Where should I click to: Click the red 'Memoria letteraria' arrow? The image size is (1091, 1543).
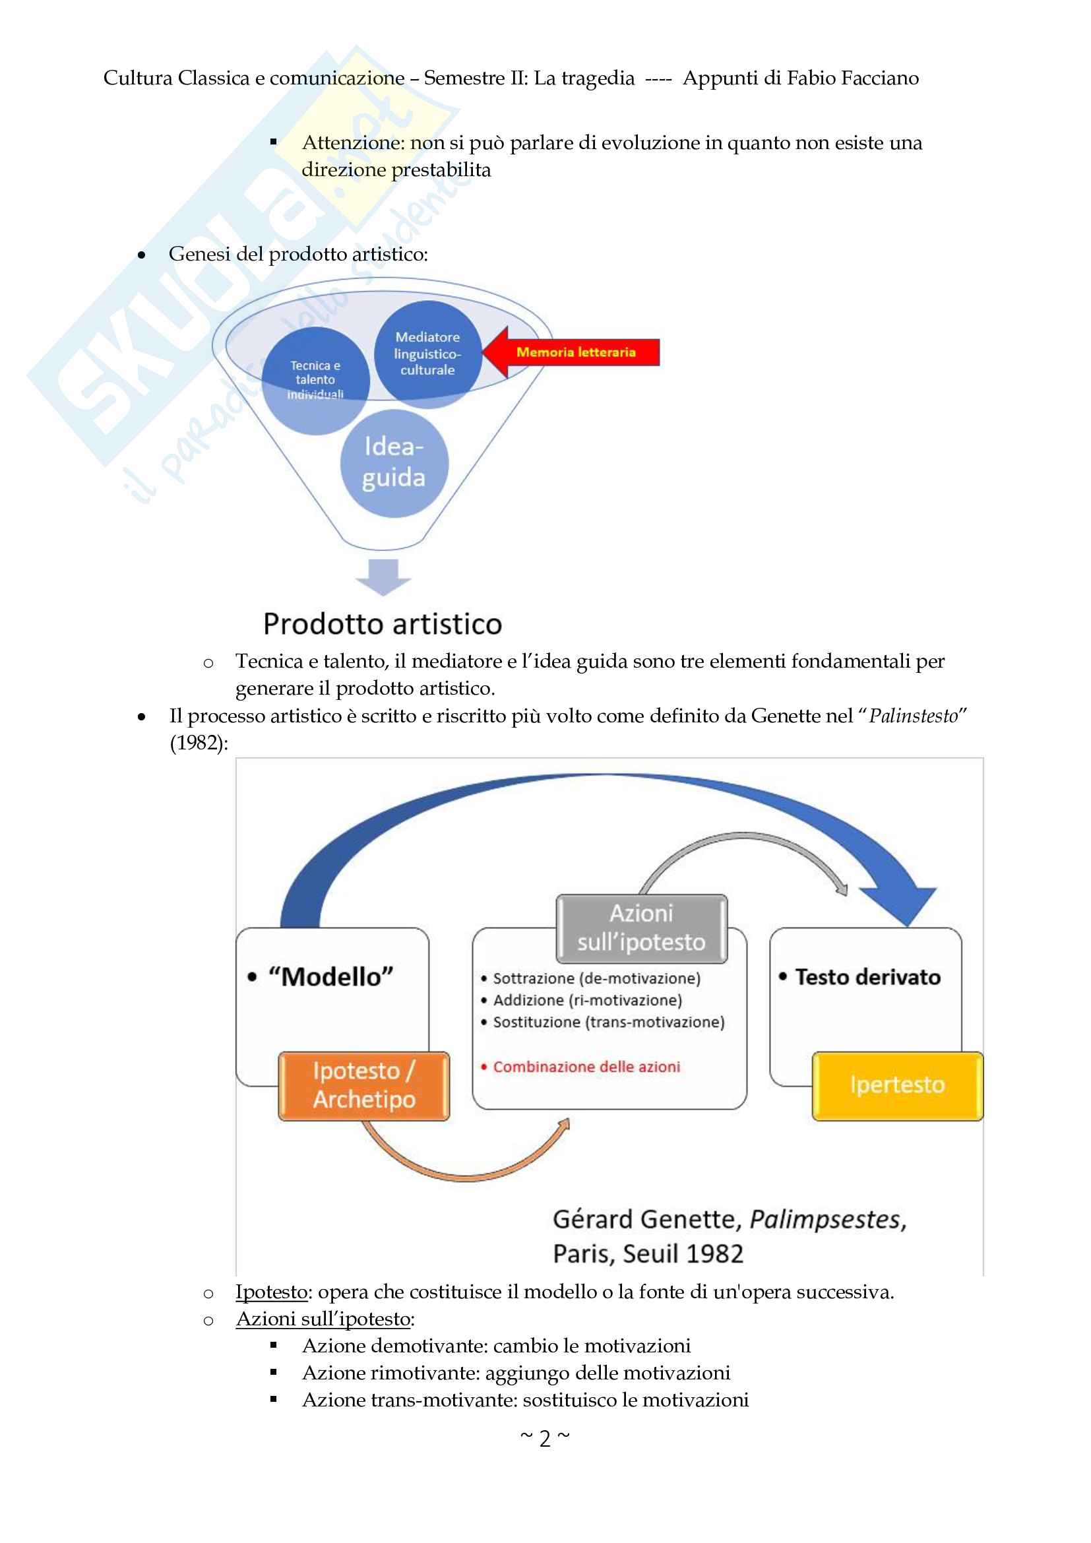(x=571, y=352)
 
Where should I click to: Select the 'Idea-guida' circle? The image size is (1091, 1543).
(x=394, y=463)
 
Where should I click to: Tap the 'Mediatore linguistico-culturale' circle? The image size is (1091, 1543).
(x=428, y=354)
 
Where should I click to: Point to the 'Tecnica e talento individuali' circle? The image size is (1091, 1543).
(x=316, y=381)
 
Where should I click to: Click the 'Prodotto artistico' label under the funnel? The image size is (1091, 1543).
(x=383, y=623)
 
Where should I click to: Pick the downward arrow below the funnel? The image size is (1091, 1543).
(x=384, y=577)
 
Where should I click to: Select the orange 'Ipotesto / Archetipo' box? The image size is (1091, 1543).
(x=364, y=1085)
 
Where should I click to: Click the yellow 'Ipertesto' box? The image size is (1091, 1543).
(x=898, y=1085)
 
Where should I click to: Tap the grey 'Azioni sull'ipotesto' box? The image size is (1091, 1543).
(x=642, y=928)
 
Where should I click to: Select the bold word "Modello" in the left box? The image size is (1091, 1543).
(x=330, y=976)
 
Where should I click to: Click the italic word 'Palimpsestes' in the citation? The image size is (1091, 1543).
(x=828, y=1218)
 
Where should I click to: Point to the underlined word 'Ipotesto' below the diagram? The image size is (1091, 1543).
(x=271, y=1291)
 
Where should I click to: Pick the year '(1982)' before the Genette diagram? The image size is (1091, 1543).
(x=199, y=743)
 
